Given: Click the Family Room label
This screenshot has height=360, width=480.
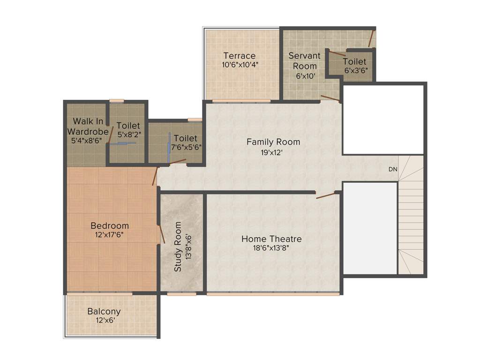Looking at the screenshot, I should point(273,142).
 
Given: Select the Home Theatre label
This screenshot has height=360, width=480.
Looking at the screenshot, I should point(271,239).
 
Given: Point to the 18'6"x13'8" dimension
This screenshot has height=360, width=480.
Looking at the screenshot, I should point(271,248).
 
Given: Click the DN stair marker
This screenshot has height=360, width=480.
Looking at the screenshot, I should point(392,169).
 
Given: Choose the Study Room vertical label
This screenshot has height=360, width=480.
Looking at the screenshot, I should point(178,247).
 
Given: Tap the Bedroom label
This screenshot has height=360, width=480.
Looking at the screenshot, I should point(110,225).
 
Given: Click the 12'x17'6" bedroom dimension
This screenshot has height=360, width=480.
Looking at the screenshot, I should point(110,235).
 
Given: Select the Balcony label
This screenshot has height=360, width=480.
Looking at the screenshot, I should point(104,311).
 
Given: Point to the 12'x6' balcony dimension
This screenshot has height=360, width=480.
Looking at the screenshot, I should point(104,321).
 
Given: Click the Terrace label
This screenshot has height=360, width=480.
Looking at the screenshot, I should point(239,56).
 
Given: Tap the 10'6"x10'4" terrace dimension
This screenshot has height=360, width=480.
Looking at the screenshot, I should point(240,65).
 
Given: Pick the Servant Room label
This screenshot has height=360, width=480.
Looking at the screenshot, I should point(305,60).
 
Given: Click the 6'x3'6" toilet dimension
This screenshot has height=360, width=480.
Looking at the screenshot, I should point(356,70).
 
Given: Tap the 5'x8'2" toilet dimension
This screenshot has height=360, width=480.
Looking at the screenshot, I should point(128,135).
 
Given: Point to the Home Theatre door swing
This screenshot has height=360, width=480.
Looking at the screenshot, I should point(326,195).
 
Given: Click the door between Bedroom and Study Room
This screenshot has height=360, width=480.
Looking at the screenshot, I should point(161,233).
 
